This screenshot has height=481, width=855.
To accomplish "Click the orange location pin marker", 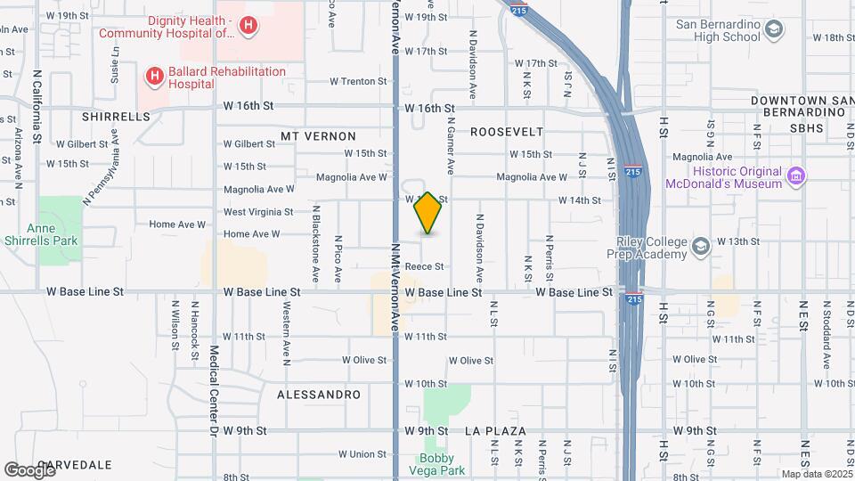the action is [428, 214].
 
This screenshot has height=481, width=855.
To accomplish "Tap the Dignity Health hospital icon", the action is [248, 27].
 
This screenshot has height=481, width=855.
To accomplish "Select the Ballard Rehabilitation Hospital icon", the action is [154, 77].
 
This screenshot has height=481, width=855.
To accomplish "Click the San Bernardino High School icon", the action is [774, 30].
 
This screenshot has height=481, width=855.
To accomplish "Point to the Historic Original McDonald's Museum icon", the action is [796, 177].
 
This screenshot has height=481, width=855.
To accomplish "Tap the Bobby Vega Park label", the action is [442, 464].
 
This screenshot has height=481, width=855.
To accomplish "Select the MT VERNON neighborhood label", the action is [318, 136].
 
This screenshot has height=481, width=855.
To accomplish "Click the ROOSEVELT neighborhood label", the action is [506, 132].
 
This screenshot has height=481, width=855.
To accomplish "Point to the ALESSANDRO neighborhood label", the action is [319, 394].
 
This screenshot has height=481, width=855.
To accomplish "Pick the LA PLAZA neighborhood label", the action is [495, 431].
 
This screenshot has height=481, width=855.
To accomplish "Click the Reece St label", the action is [424, 266].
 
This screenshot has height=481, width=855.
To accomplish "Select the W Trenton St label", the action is [358, 81].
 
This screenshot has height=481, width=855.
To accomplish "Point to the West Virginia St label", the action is [258, 212].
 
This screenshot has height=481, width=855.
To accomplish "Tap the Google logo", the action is [28, 469].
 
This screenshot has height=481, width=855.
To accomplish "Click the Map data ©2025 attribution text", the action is [816, 474].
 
